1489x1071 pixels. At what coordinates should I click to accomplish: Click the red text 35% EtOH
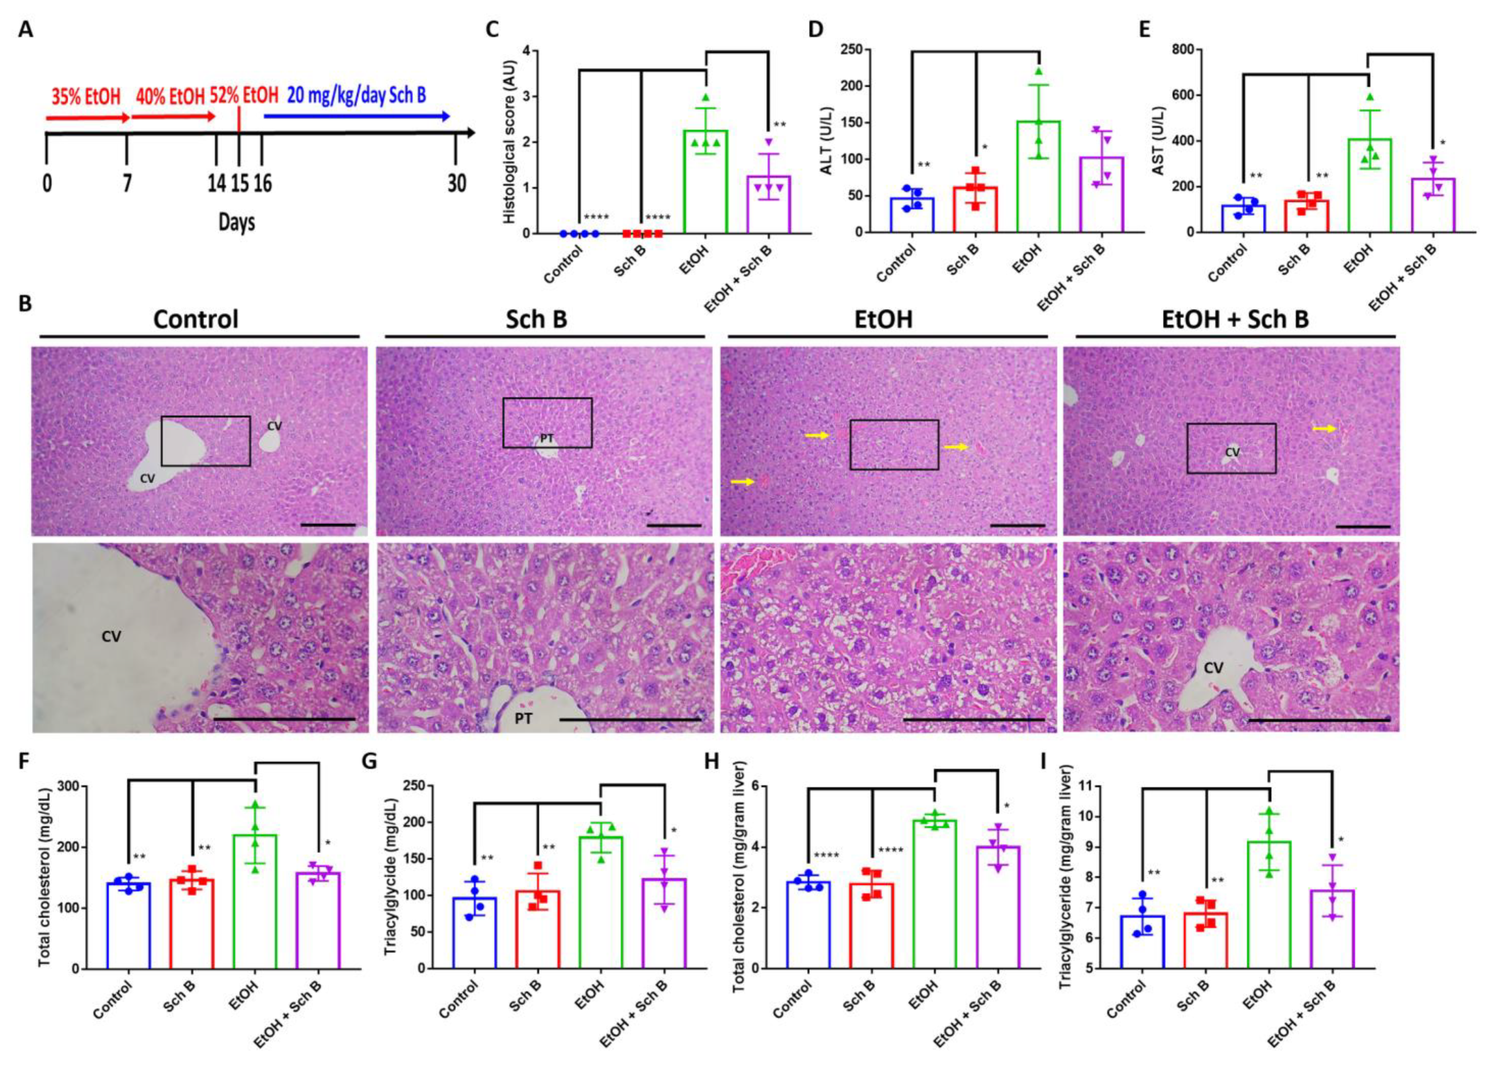[86, 97]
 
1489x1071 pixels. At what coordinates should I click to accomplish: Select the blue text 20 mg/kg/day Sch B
[356, 96]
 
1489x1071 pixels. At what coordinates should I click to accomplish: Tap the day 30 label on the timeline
[456, 183]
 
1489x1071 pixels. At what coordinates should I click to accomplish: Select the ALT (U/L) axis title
[827, 141]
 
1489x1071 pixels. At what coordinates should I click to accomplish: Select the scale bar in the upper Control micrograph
[330, 526]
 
